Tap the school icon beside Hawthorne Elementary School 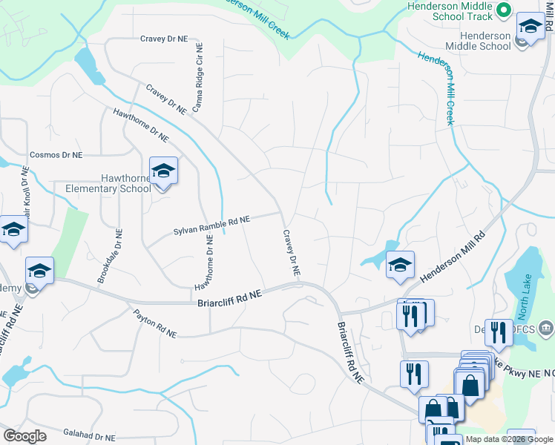pos(163,172)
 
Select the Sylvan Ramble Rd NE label pos(211,225)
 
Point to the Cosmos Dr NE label pos(56,155)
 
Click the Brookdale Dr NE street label pos(108,256)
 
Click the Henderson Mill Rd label pos(452,255)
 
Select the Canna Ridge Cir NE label pos(198,82)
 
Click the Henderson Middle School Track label pos(450,10)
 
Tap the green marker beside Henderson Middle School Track pos(502,10)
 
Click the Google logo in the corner pos(24,436)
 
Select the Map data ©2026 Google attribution pos(510,439)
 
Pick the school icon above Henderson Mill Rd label pos(400,266)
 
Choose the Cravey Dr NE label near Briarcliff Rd pos(290,253)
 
